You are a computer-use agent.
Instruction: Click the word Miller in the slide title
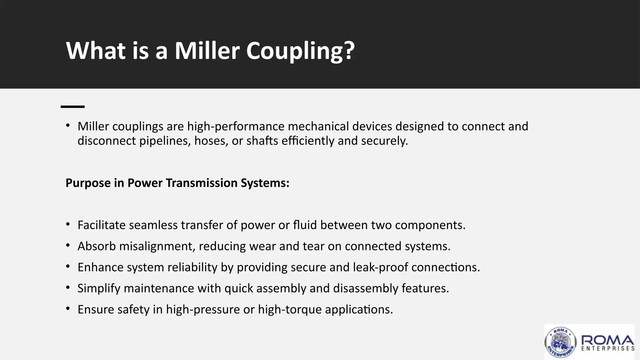click(207, 51)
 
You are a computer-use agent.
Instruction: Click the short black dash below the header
click(72, 107)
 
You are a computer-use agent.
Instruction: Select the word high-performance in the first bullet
click(236, 126)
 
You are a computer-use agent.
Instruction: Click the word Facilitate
click(101, 225)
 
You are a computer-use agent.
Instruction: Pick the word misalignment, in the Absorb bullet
click(157, 246)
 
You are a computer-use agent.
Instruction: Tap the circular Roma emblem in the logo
click(560, 342)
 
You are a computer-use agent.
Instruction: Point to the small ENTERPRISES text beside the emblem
click(608, 348)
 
